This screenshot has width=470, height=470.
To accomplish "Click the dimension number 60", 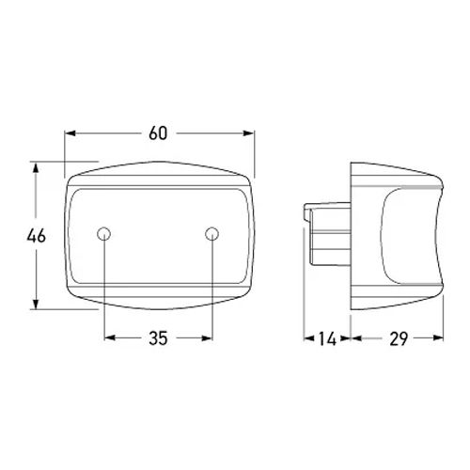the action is click(158, 133).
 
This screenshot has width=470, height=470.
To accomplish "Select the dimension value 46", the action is click(37, 236).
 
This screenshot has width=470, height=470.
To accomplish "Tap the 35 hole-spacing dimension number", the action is click(158, 338).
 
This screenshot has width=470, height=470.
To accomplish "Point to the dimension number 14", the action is click(327, 338).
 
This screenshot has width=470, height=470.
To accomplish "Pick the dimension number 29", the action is click(399, 338).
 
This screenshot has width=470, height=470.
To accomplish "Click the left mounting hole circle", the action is click(103, 234).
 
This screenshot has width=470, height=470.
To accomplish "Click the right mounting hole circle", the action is click(211, 234).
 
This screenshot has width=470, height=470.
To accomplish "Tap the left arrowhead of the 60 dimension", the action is click(70, 133).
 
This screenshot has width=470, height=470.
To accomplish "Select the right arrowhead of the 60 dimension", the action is click(249, 133).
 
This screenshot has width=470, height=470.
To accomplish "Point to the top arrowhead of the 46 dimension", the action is click(36, 167).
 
